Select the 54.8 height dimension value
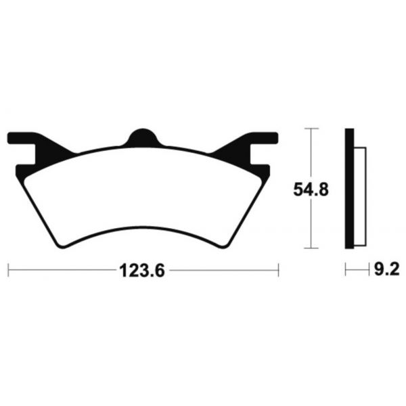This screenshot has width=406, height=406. point(311,190)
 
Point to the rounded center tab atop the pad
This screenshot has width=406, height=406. point(143,136)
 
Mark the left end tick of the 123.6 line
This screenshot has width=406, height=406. point(8,271)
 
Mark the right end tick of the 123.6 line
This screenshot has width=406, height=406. point(278,271)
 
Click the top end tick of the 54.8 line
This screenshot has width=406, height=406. point(310,128)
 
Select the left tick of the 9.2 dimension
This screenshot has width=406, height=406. point(346,271)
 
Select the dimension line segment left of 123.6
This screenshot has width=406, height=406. point(61,271)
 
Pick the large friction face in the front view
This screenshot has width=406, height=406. point(143,189)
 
